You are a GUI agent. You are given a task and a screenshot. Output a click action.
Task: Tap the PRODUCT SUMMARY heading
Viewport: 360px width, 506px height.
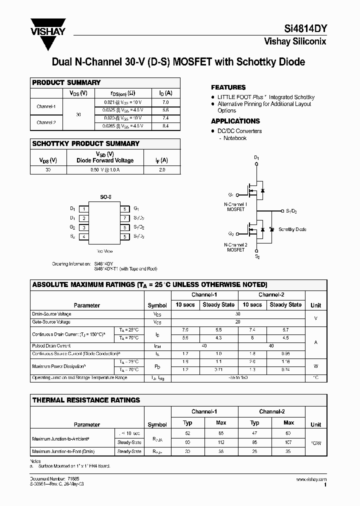pyautogui.click(x=66, y=82)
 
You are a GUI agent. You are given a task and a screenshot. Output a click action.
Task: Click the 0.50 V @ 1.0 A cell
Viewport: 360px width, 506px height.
pyautogui.click(x=104, y=170)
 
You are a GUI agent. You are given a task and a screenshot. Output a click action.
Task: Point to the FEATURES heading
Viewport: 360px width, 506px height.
pyautogui.click(x=228, y=87)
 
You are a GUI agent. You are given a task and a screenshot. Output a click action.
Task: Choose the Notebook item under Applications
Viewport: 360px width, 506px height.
pyautogui.click(x=235, y=138)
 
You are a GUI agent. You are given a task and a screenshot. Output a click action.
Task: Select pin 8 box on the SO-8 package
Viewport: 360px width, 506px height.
pyautogui.click(x=124, y=208)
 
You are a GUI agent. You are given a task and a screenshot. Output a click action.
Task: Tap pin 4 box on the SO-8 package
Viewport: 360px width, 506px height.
pyautogui.click(x=84, y=236)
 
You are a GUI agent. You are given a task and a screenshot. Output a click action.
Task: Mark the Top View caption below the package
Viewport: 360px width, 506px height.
pyautogui.click(x=104, y=251)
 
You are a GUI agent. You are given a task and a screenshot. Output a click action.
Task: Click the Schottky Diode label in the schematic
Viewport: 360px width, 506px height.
pyautogui.click(x=292, y=229)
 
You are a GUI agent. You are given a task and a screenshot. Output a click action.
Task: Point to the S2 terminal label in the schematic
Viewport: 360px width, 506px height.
pyautogui.click(x=257, y=256)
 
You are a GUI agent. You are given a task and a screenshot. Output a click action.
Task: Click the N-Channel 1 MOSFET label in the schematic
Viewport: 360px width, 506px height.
pyautogui.click(x=235, y=207)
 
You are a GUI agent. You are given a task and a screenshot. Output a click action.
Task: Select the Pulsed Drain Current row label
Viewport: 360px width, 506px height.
pyautogui.click(x=51, y=345)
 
